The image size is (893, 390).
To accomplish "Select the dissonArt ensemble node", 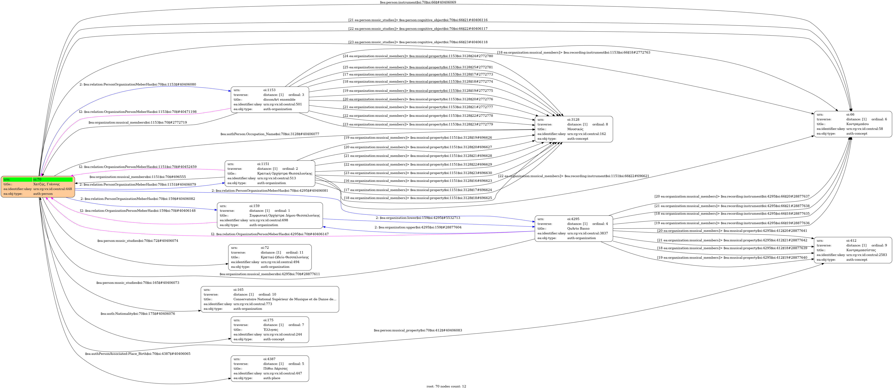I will click(x=270, y=99).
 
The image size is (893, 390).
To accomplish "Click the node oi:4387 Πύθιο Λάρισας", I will click(x=270, y=369).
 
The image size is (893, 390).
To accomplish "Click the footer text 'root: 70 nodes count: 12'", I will click(x=446, y=386).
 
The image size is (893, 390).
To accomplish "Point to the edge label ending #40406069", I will click(x=418, y=2).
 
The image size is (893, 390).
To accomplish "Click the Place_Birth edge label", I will click(x=138, y=354).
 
